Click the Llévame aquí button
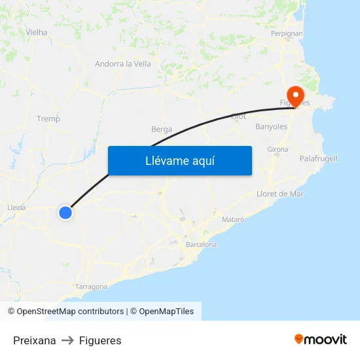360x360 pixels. click(179, 160)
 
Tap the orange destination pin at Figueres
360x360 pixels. click(295, 96)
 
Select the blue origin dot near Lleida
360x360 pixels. click(65, 212)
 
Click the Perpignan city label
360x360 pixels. click(287, 33)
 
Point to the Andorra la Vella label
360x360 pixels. click(123, 63)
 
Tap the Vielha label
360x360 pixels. click(36, 31)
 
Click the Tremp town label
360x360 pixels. click(48, 118)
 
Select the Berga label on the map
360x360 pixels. click(162, 129)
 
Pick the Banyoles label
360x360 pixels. click(271, 126)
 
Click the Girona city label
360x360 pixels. click(278, 149)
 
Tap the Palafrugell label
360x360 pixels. click(318, 158)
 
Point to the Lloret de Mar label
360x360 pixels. click(281, 194)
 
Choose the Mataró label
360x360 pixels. click(233, 219)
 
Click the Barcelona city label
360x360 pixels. click(201, 244)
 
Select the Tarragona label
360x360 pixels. click(91, 287)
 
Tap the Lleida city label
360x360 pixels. click(16, 207)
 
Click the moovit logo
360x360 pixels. click(321, 339)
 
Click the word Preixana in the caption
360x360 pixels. click(35, 340)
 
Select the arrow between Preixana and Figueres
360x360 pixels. click(67, 340)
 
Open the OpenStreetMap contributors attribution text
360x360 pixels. click(70, 312)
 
